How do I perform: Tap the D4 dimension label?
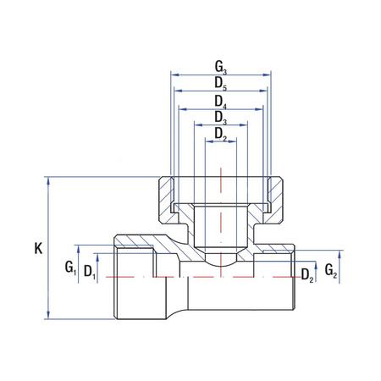tap(219, 100)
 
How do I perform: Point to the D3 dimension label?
tap(219, 117)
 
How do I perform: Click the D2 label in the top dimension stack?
tap(219, 133)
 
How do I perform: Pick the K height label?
tap(37, 248)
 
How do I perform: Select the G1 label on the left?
tap(71, 268)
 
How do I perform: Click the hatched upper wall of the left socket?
tap(140, 245)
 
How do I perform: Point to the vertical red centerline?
tap(223, 220)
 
